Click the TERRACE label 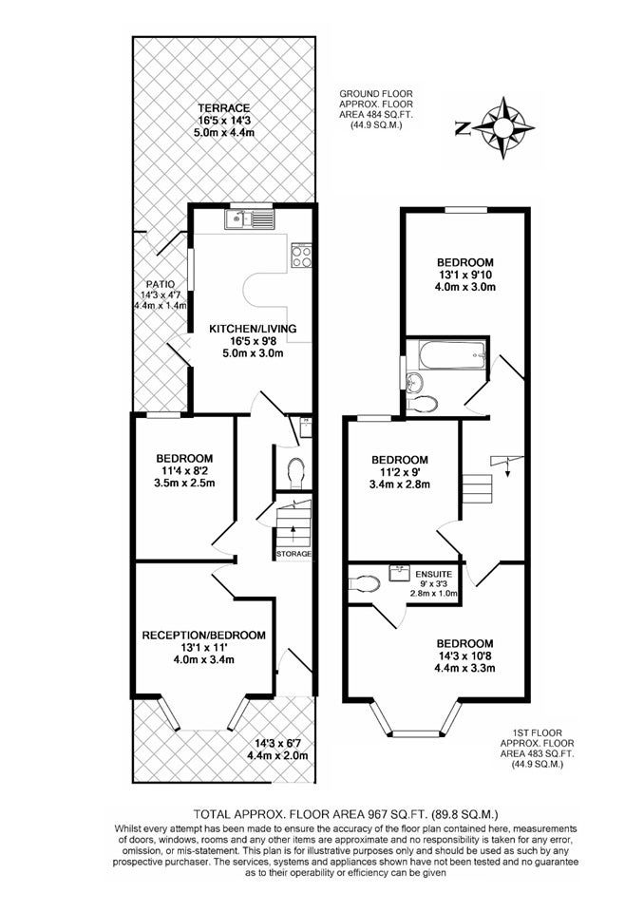pos(224,108)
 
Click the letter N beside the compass pos(463,128)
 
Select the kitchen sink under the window pos(249,219)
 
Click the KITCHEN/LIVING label pos(253,329)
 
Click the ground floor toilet pos(296,472)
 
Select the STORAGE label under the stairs pos(294,554)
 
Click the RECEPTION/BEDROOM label pos(203,636)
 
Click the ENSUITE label pos(433,574)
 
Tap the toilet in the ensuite pos(364,582)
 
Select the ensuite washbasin pos(399,572)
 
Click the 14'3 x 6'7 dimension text pos(277,743)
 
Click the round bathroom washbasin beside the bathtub pos(415,382)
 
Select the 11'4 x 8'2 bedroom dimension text pos(184,470)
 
